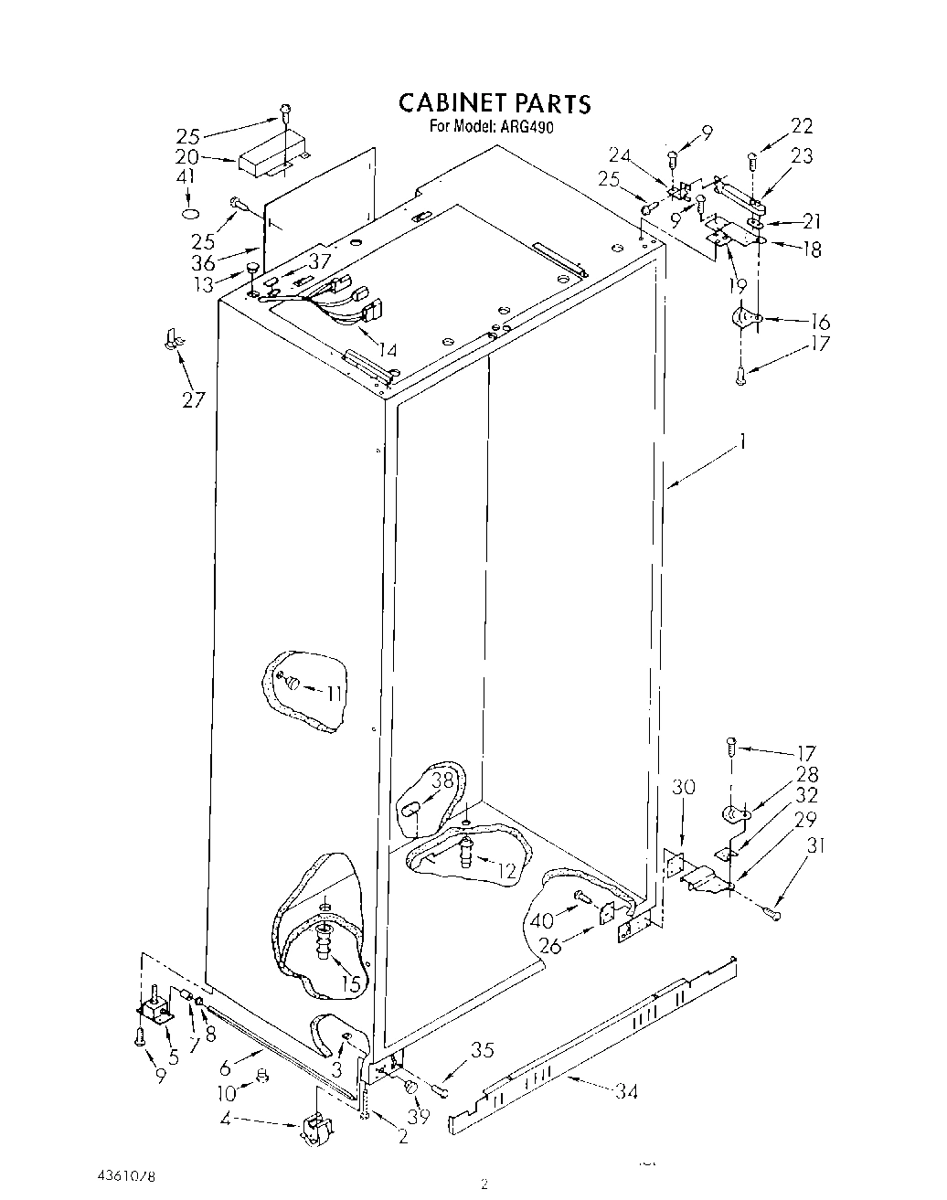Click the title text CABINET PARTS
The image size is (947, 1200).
tap(495, 103)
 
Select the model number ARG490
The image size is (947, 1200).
tap(527, 127)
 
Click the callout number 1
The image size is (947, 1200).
tap(744, 442)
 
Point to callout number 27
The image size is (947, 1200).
tap(193, 399)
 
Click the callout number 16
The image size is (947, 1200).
tap(820, 322)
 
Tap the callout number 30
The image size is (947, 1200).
tap(684, 787)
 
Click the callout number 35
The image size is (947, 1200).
tap(482, 1050)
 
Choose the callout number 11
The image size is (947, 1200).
tap(335, 693)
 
